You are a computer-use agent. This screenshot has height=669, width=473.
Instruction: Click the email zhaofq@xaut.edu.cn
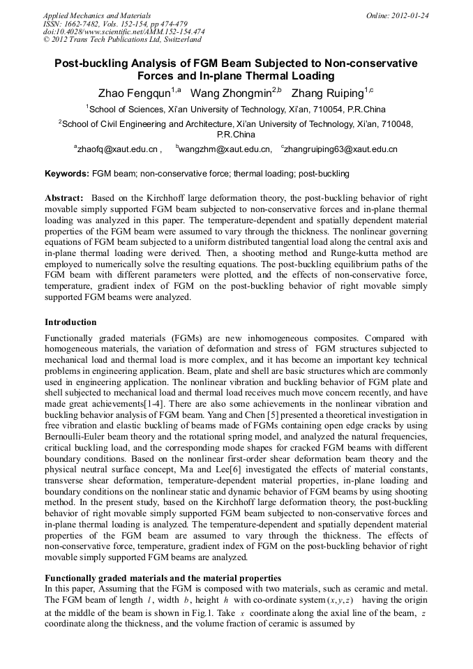[119, 149]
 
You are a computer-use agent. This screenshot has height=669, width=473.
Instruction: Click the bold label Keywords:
[67, 173]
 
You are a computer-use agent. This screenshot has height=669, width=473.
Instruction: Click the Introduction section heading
[70, 322]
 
